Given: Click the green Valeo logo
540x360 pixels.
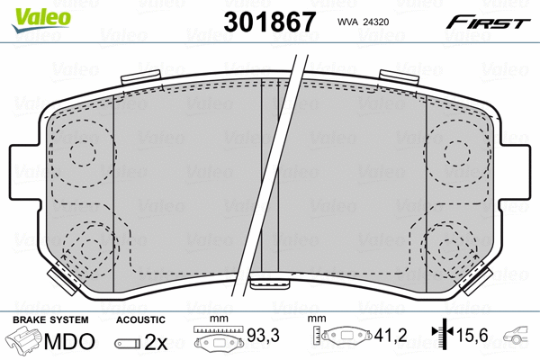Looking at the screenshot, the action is tap(41, 21).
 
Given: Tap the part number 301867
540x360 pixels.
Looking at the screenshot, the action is tap(270, 22).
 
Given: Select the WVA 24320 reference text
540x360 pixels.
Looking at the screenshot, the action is tap(363, 22).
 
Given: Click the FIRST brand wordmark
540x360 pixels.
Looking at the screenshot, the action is tap(489, 22).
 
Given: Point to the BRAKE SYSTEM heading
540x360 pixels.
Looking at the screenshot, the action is tap(50, 319).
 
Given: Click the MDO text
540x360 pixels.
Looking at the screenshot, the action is tap(69, 341).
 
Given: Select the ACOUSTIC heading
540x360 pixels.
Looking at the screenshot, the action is tap(140, 319).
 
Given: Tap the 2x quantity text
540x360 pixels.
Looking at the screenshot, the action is tap(156, 342).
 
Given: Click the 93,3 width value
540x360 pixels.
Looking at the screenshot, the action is tap(264, 335).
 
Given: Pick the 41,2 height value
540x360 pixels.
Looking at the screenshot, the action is tap(391, 335).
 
